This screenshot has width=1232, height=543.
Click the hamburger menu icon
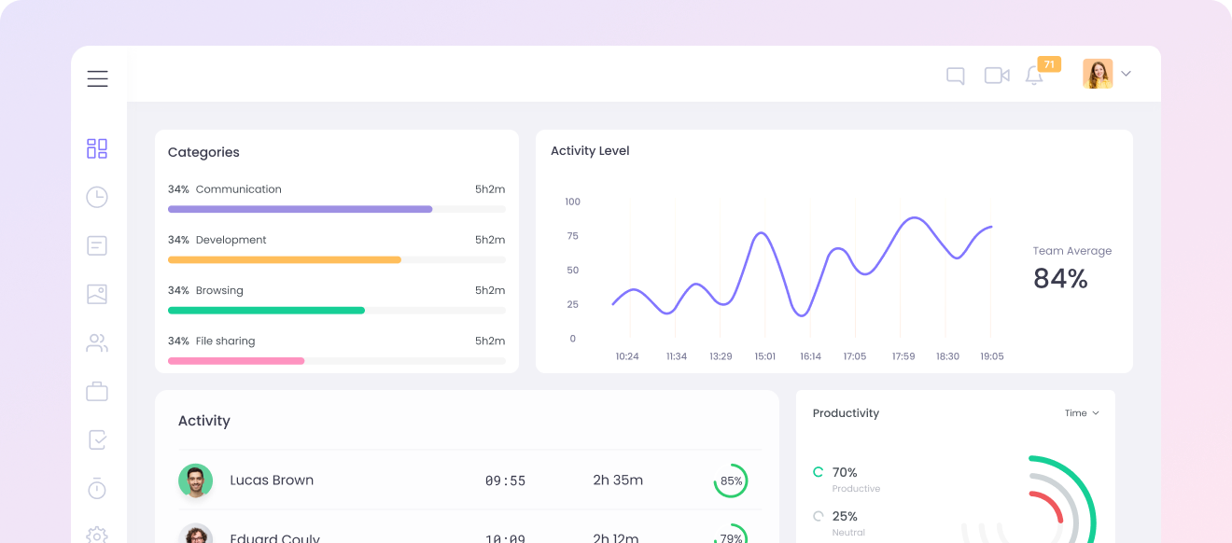(97, 79)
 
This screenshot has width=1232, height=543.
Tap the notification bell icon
(1034, 77)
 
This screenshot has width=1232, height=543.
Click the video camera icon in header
(997, 76)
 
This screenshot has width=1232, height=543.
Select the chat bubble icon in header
(955, 77)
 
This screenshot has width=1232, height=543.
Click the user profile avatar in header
(1098, 75)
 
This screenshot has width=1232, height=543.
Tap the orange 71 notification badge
(1049, 64)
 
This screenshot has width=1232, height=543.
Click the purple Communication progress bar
(300, 209)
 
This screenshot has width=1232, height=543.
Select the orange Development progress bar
(285, 259)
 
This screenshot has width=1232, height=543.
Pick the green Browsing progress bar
(266, 310)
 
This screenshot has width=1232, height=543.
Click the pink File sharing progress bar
(236, 360)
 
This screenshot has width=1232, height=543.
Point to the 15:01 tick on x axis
(765, 356)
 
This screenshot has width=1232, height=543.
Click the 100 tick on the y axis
(572, 202)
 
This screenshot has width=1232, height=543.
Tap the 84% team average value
(1060, 278)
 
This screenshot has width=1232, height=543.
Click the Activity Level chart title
(590, 151)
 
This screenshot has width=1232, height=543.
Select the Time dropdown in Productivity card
(1082, 413)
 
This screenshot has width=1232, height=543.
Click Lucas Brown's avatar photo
(195, 480)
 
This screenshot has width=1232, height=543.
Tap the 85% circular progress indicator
(731, 481)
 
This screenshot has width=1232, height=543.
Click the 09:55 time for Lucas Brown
(505, 481)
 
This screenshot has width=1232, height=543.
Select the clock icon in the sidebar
(97, 197)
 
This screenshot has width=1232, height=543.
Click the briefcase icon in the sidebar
(97, 391)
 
